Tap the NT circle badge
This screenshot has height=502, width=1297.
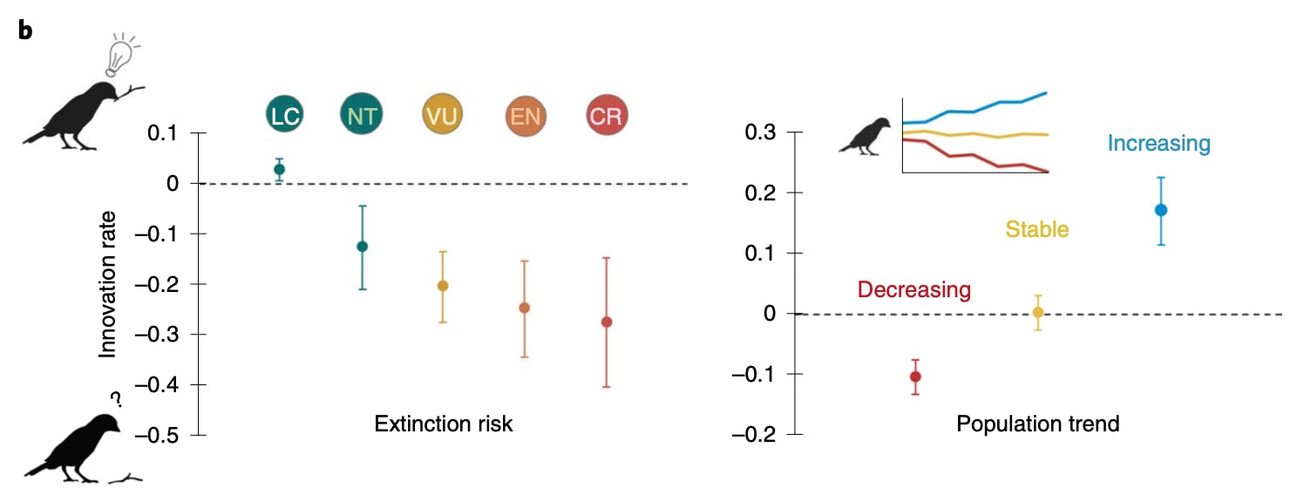tap(361, 116)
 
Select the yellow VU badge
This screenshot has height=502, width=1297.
tap(441, 116)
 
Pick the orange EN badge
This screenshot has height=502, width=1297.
tap(526, 116)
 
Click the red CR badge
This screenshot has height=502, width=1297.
tap(606, 116)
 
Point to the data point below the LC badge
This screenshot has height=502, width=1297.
tap(279, 169)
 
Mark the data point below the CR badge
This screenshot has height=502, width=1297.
tap(607, 322)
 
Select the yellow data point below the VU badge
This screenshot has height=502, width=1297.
tap(442, 286)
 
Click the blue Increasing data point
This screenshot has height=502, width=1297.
tap(1160, 210)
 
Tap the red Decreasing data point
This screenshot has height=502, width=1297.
tap(915, 376)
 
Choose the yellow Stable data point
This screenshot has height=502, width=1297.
tap(1037, 312)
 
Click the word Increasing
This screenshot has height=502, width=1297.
tap(1159, 144)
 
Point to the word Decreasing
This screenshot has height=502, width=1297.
tap(913, 289)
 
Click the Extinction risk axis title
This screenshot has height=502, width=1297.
tap(444, 424)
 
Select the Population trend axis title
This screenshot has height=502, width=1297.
tap(1037, 424)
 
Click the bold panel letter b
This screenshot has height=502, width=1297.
tap(26, 31)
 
